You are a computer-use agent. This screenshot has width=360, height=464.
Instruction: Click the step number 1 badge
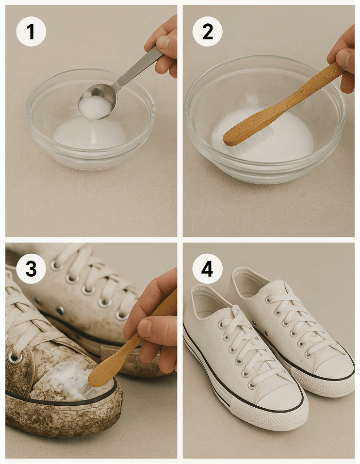[31, 32]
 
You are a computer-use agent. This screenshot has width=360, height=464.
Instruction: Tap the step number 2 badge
[207, 32]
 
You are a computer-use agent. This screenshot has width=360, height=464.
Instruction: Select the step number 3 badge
[31, 268]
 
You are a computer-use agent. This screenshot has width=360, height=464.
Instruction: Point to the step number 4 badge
[207, 268]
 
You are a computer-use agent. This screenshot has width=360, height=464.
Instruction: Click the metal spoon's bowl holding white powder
[97, 102]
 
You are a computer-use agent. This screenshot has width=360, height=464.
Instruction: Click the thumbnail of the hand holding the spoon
[164, 43]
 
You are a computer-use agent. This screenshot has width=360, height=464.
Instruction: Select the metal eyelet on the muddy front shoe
[14, 358]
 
